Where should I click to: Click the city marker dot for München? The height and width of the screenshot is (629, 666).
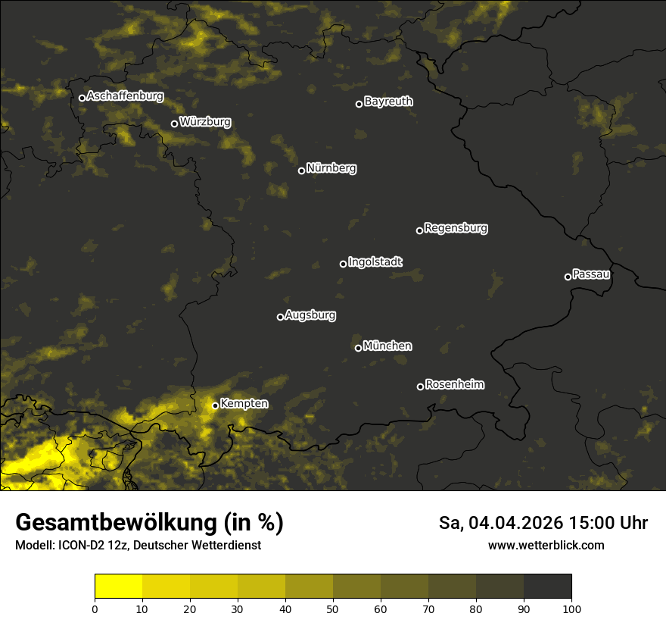click(358, 349)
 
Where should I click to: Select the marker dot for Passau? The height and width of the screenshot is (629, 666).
click(568, 277)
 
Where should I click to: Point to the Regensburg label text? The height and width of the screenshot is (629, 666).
click(456, 228)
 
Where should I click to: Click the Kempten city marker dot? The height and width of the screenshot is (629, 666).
click(215, 405)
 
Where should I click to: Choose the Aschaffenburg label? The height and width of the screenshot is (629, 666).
click(125, 96)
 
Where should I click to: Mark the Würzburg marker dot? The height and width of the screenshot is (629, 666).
click(174, 124)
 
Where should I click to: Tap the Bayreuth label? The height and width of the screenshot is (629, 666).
click(388, 102)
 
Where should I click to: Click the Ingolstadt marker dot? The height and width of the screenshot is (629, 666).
click(343, 264)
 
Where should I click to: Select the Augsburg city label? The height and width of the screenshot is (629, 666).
click(310, 315)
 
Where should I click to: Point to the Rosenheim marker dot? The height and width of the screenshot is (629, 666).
click(420, 387)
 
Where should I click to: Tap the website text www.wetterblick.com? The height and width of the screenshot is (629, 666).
click(546, 546)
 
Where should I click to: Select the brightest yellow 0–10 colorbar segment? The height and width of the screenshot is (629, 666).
click(118, 587)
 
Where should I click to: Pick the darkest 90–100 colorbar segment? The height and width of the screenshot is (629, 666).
click(547, 587)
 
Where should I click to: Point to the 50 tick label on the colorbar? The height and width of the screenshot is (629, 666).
click(333, 609)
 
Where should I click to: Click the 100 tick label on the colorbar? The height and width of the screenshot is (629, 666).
click(571, 609)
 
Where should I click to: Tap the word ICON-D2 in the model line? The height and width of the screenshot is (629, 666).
click(80, 546)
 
